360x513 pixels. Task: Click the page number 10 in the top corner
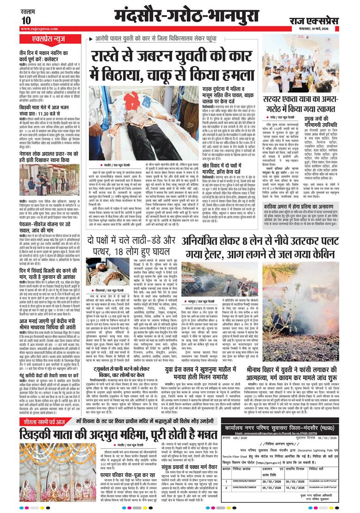coord(25,21)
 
